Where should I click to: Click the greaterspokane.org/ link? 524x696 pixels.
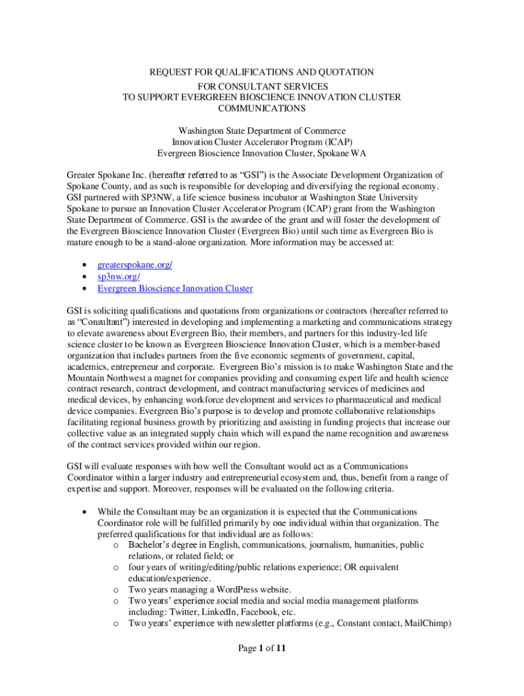135,264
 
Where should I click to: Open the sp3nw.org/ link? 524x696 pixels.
119,277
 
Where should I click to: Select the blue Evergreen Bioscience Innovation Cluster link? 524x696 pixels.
175,288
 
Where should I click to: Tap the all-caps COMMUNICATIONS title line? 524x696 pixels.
261,108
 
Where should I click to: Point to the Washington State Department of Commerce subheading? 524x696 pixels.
261,130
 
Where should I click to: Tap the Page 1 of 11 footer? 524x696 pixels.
261,648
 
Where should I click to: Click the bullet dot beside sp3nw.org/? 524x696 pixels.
83,277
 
